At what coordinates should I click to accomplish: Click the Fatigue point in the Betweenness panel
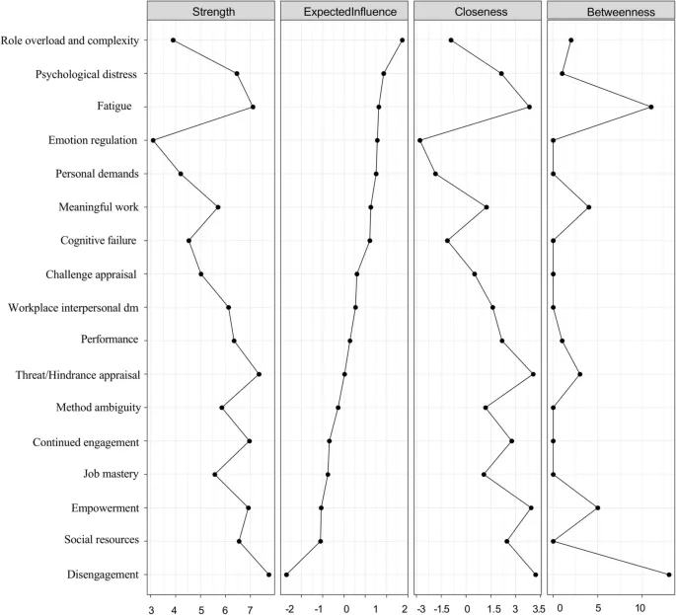coord(651,107)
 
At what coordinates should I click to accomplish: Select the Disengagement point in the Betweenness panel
coord(669,575)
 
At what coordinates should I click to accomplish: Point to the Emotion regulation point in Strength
coord(153,140)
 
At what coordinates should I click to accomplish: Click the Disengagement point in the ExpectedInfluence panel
coord(286,575)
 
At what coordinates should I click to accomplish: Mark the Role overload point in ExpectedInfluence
coord(402,40)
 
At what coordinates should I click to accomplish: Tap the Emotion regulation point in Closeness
coord(420,140)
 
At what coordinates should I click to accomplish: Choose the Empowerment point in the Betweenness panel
coord(597,507)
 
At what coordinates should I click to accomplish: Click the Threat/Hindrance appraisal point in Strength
coord(259,374)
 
